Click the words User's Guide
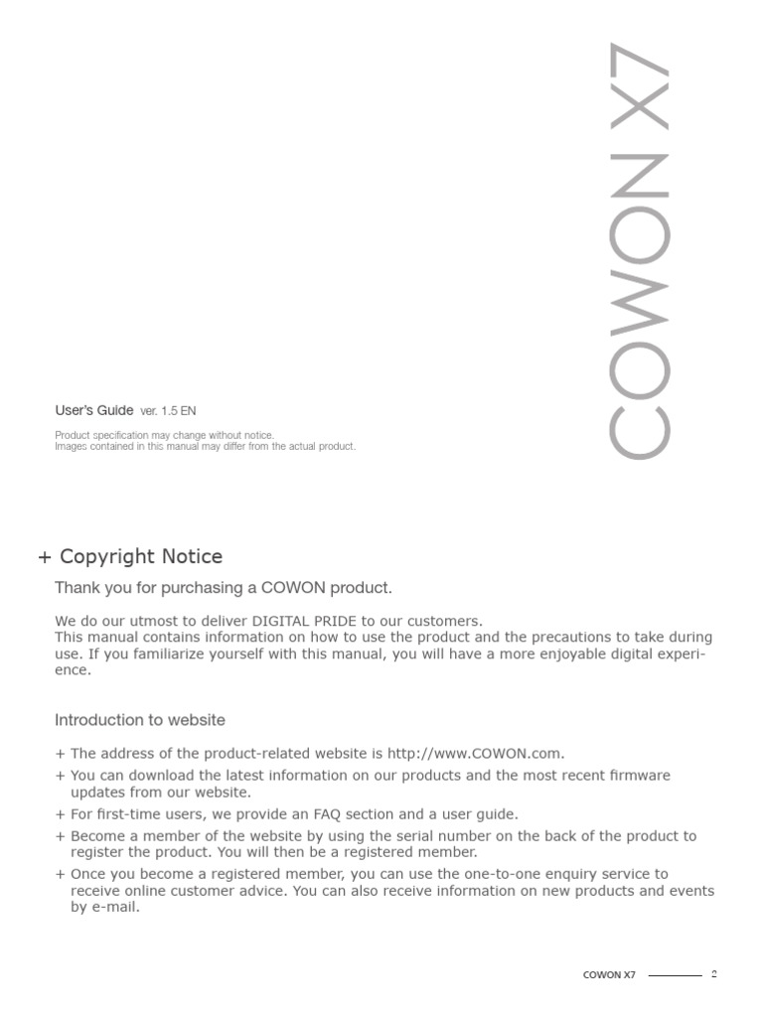coord(93,410)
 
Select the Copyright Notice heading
coord(141,556)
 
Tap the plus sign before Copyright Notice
coord(44,557)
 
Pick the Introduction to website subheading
coord(140,719)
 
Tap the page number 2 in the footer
coord(713,973)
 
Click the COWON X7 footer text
coord(608,974)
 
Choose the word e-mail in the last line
coord(113,907)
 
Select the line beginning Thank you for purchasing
coord(217,588)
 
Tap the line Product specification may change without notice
coord(164,435)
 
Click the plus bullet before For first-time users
coord(60,814)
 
